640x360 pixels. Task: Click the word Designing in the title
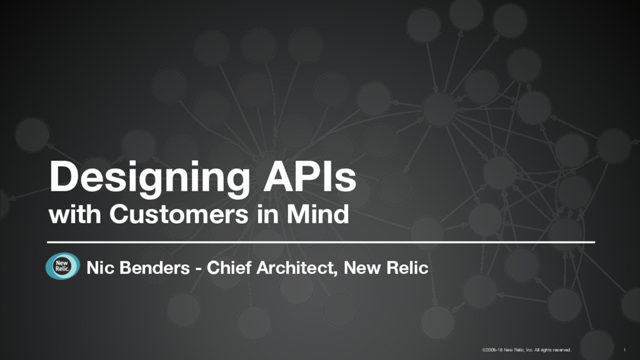tap(145, 178)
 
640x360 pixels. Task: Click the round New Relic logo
tap(62, 267)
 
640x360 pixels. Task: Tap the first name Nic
tap(99, 269)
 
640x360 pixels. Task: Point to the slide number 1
tap(626, 349)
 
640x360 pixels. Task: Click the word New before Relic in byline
tap(363, 269)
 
